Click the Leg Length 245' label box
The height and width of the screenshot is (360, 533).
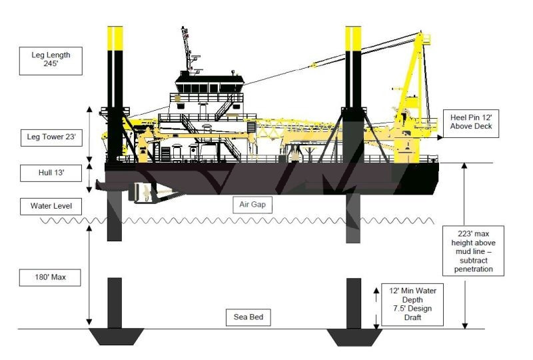(x=51, y=60)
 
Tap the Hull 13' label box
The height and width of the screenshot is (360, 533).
(x=51, y=173)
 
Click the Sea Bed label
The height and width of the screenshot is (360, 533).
(x=257, y=318)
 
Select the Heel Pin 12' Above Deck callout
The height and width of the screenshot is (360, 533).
(x=471, y=123)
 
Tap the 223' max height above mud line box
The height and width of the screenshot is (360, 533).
(x=474, y=250)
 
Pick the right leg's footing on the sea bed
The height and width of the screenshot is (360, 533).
(x=353, y=335)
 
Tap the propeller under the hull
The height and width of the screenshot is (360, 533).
(x=143, y=194)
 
